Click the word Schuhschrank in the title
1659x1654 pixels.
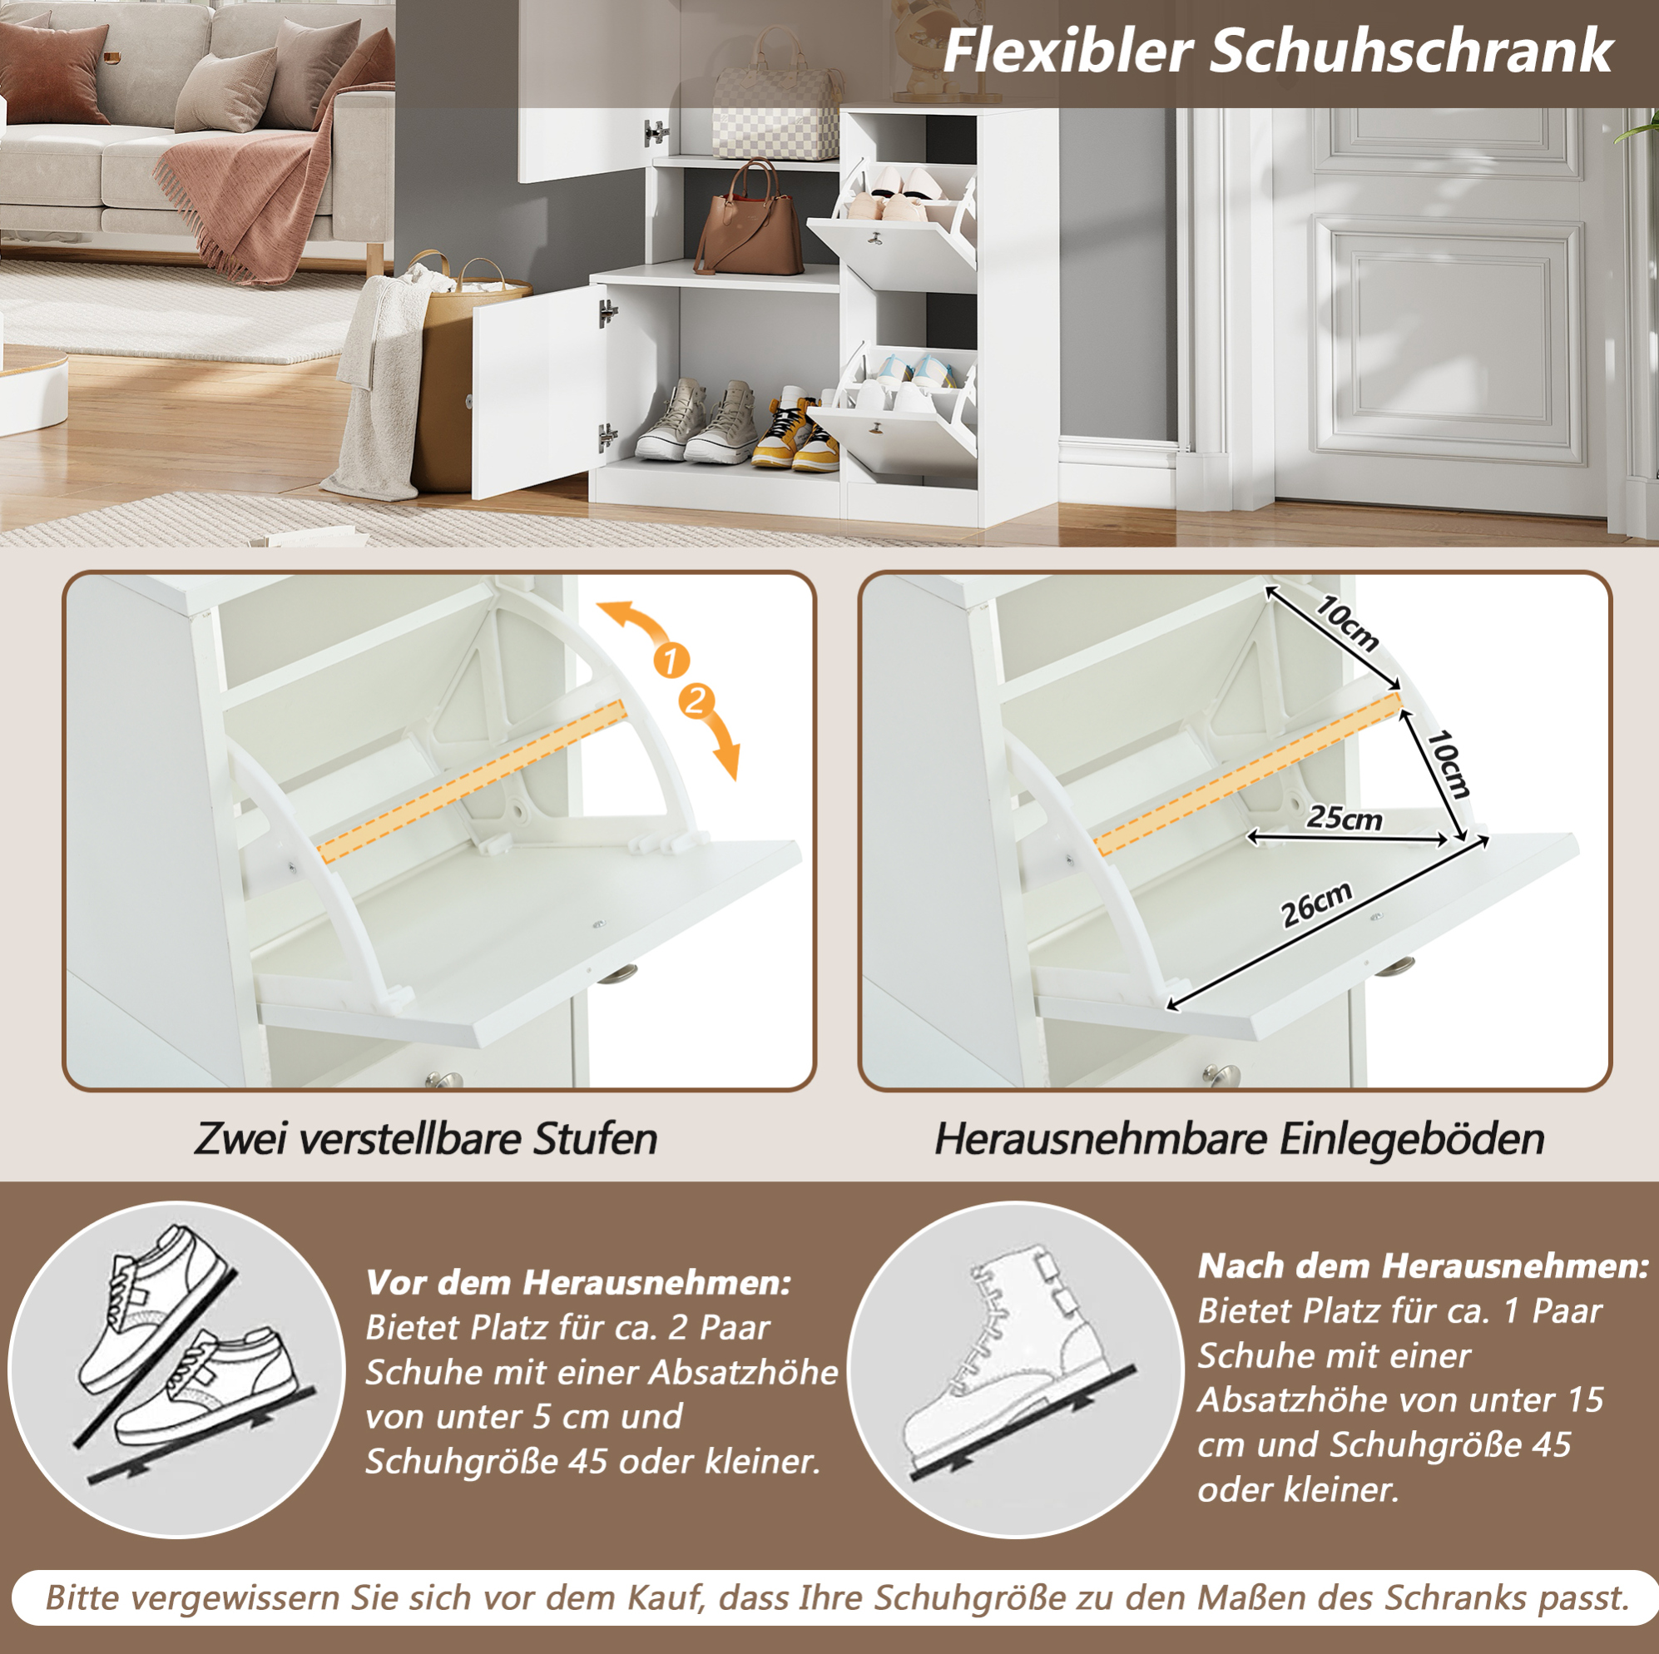tap(1412, 52)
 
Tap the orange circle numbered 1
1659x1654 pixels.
tap(671, 660)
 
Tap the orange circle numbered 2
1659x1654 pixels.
tap(696, 701)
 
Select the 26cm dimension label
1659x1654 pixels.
tap(1316, 904)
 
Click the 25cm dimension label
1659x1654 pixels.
tap(1345, 817)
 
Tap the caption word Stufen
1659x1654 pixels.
tap(595, 1139)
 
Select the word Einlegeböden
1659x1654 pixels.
tap(1412, 1140)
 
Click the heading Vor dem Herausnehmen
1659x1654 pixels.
tap(578, 1282)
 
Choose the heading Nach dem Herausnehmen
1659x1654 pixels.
tap(1423, 1265)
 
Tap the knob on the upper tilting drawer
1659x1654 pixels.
tap(876, 237)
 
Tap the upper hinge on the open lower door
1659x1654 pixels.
tap(607, 313)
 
